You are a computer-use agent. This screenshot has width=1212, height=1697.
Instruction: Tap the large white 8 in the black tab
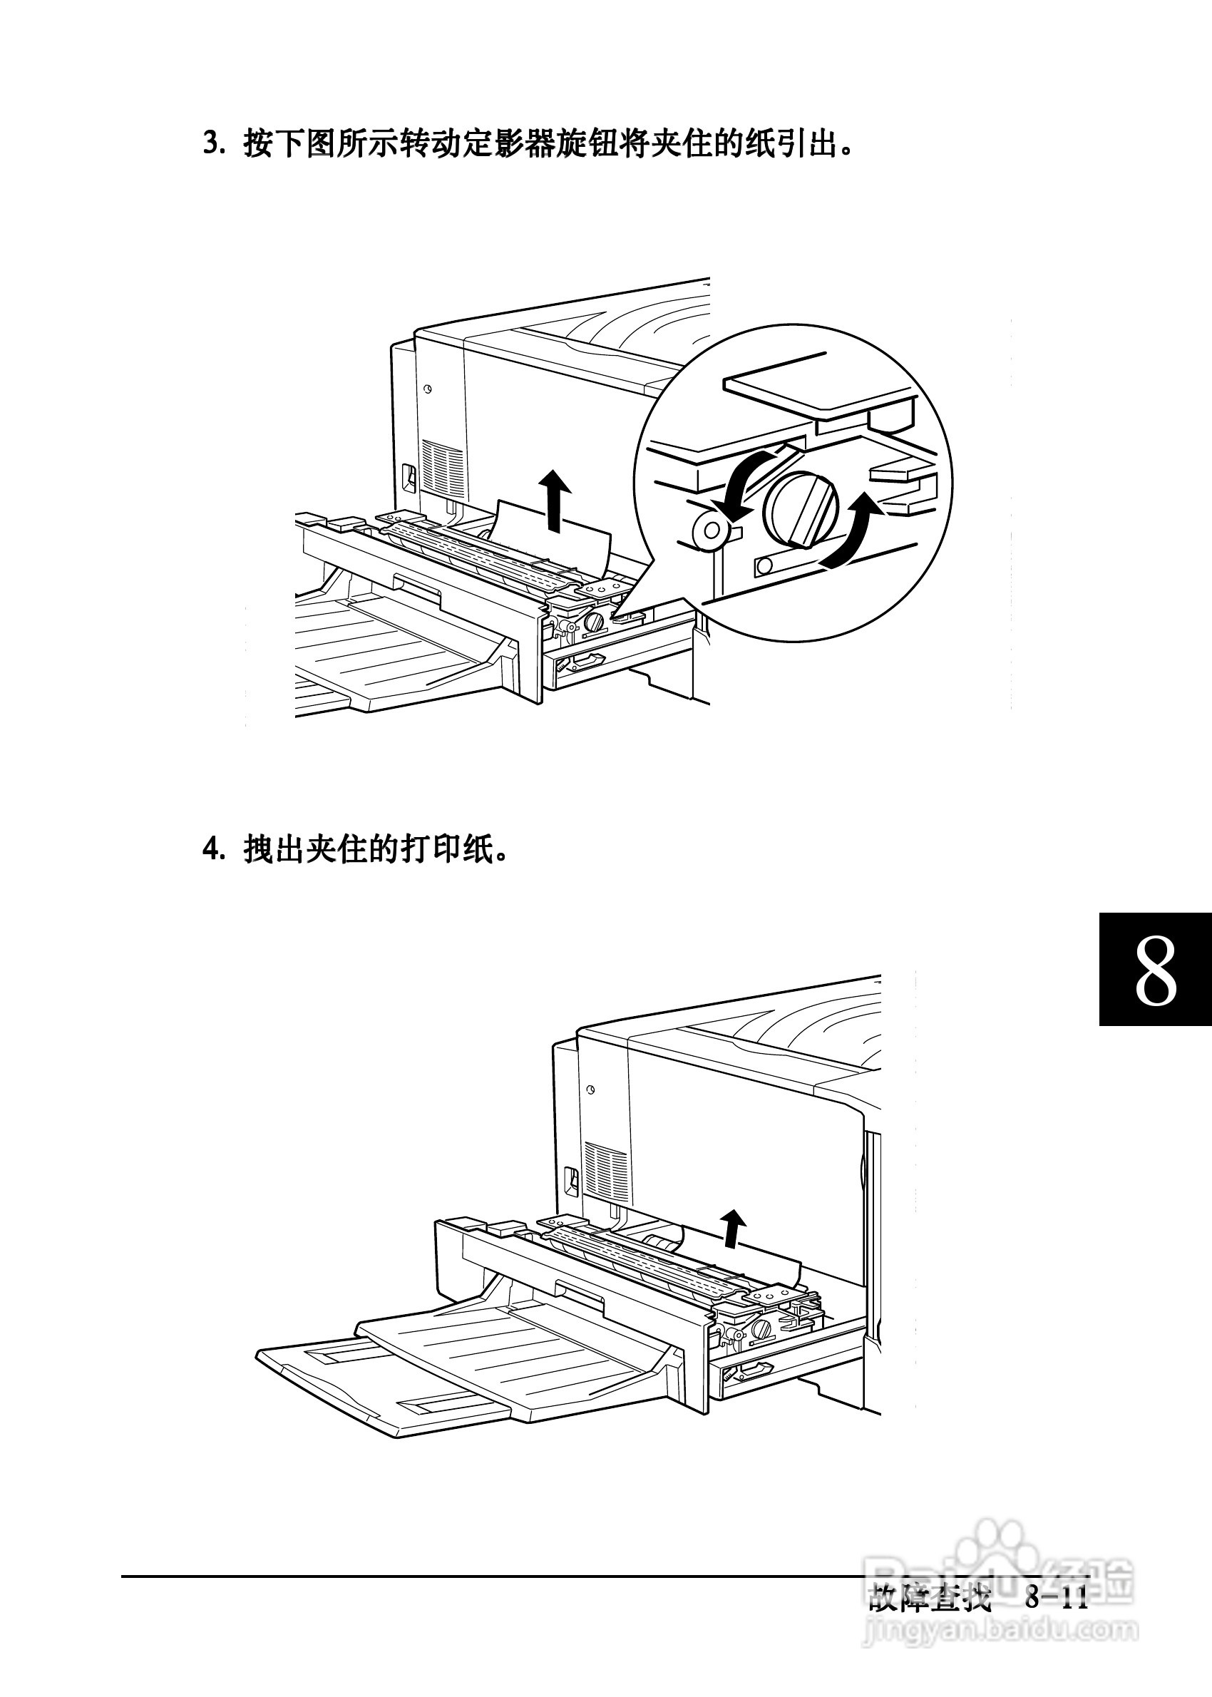(1155, 970)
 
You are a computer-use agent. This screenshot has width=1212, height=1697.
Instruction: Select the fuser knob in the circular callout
(801, 509)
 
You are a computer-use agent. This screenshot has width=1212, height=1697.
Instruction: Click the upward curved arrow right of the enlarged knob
(853, 530)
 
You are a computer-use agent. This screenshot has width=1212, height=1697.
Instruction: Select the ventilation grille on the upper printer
(441, 467)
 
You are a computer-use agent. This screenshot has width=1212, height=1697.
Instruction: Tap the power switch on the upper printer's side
(409, 478)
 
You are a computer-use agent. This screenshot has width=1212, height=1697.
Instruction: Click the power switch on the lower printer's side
(571, 1181)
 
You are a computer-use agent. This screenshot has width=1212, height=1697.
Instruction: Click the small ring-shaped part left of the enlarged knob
(711, 530)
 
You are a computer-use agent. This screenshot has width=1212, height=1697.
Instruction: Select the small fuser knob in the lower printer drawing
(762, 1328)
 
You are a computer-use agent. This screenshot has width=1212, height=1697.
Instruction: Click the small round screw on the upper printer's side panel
(428, 389)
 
